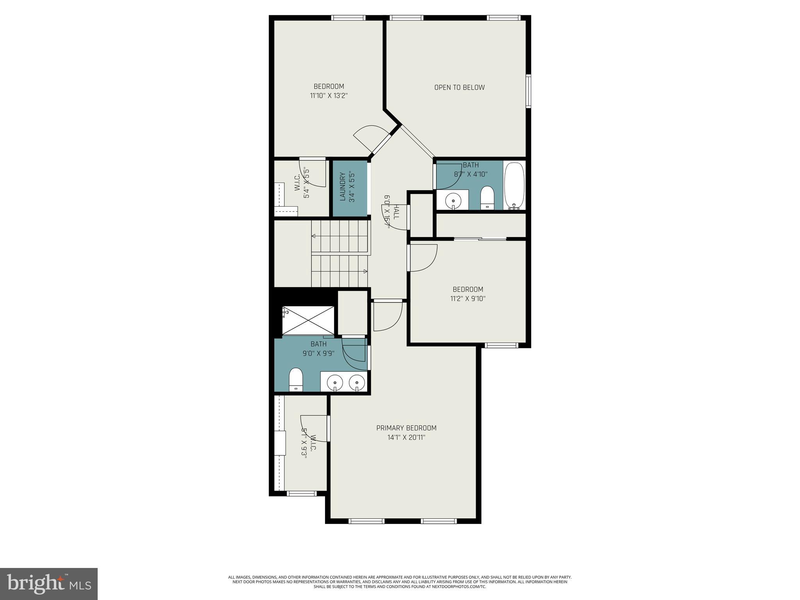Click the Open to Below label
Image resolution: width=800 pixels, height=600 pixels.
point(459,87)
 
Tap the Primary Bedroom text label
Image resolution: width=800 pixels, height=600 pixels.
point(406,428)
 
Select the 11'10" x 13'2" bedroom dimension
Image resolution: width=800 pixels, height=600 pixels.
point(329,96)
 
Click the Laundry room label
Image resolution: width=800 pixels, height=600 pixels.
point(343,187)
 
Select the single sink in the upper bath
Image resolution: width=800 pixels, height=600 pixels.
point(453,200)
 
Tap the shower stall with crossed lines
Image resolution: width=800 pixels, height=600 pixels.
point(308,320)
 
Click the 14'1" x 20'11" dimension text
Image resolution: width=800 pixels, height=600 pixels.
point(406,437)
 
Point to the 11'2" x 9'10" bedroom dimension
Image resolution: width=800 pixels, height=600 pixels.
point(468,299)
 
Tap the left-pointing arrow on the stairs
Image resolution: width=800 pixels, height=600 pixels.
point(314,236)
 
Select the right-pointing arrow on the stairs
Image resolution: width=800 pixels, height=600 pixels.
point(365,271)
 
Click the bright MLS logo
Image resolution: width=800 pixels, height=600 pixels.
point(49,584)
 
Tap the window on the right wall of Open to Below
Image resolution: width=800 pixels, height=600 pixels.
point(528,91)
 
